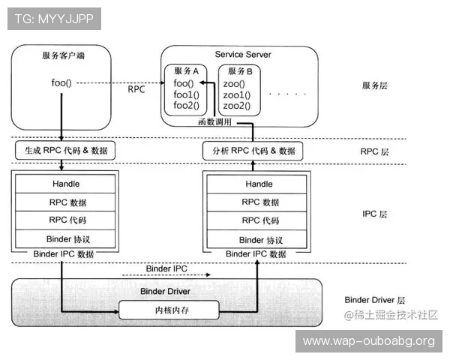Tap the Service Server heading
pos(243,55)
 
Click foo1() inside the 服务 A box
pos(186,95)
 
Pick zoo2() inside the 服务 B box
pos(236,106)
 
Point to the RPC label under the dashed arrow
pos(136,88)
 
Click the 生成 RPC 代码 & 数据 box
pos(61,151)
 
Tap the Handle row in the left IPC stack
pos(66,184)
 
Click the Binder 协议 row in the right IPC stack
pos(259,239)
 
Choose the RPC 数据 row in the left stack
pos(66,202)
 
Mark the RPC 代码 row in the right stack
pos(259,220)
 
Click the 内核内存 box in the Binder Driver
pos(169,310)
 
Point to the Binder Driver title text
pos(166,291)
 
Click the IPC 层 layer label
pos(374,214)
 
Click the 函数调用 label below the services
pos(214,121)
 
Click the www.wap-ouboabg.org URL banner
pos(368,341)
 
